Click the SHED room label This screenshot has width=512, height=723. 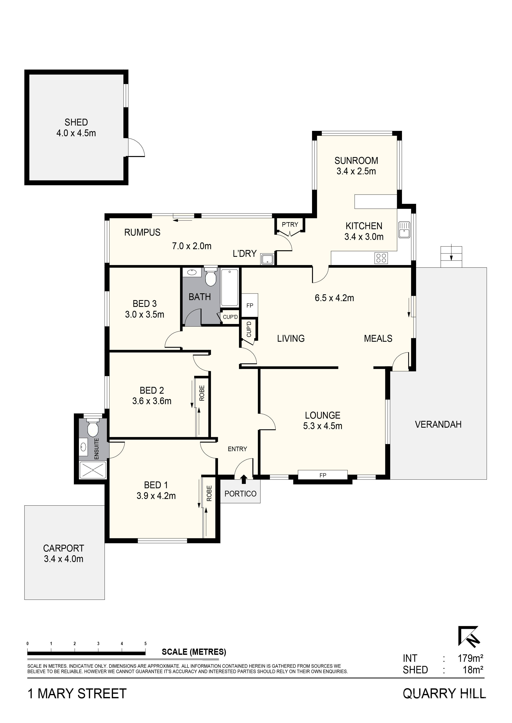click(76, 122)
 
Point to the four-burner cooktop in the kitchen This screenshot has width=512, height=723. click(381, 258)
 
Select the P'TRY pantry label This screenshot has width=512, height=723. click(290, 224)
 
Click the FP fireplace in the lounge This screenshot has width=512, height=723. click(323, 475)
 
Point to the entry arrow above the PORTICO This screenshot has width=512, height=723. click(243, 479)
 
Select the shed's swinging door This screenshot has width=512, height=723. click(136, 148)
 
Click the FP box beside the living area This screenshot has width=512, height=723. click(250, 305)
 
